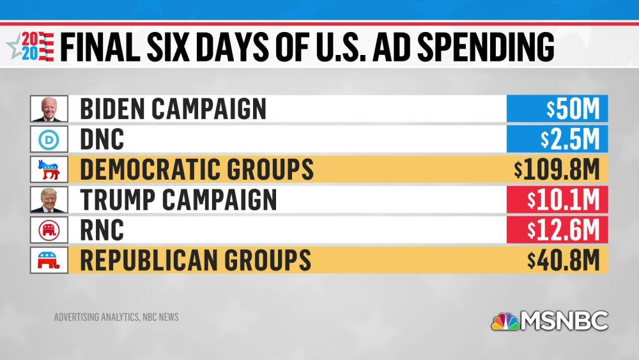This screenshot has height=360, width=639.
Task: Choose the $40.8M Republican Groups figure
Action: [564, 260]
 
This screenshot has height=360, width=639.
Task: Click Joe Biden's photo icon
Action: [49, 109]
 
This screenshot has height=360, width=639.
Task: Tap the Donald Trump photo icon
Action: [49, 200]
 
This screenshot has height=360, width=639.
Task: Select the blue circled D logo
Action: [49, 139]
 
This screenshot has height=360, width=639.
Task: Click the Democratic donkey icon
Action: [49, 169]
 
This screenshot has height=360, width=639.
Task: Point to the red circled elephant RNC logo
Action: [49, 230]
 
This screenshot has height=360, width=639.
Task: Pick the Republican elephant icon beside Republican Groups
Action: [49, 260]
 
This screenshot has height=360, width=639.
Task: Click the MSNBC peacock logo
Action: [505, 320]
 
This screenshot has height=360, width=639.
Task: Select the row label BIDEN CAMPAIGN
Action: [173, 109]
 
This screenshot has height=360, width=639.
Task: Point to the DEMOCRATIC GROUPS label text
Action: [197, 169]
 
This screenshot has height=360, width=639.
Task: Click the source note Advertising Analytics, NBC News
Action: [116, 317]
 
